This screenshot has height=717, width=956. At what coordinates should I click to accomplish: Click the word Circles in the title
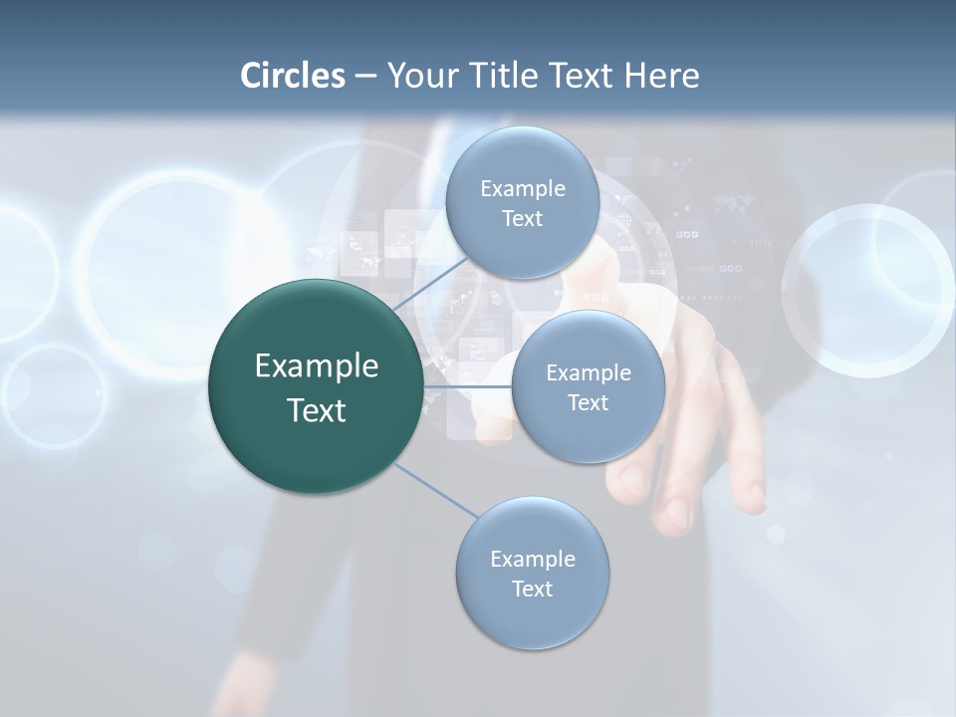click(292, 76)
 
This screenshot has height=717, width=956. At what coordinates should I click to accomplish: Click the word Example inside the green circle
click(317, 366)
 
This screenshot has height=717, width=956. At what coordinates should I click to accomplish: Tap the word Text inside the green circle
click(317, 410)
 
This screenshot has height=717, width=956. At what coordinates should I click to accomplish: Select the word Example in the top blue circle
click(522, 189)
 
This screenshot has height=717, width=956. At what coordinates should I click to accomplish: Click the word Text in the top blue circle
click(522, 219)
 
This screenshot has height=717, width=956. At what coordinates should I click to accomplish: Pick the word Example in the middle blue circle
click(588, 373)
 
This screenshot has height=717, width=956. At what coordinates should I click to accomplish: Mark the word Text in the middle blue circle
click(588, 403)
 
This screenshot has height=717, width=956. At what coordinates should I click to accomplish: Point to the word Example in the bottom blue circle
click(532, 560)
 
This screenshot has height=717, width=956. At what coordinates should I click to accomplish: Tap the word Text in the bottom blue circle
click(532, 590)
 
